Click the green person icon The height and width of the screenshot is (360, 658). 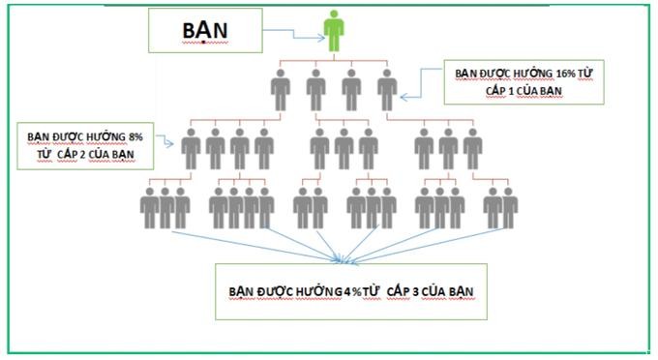[x=333, y=31]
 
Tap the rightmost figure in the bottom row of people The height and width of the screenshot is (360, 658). [x=508, y=207]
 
